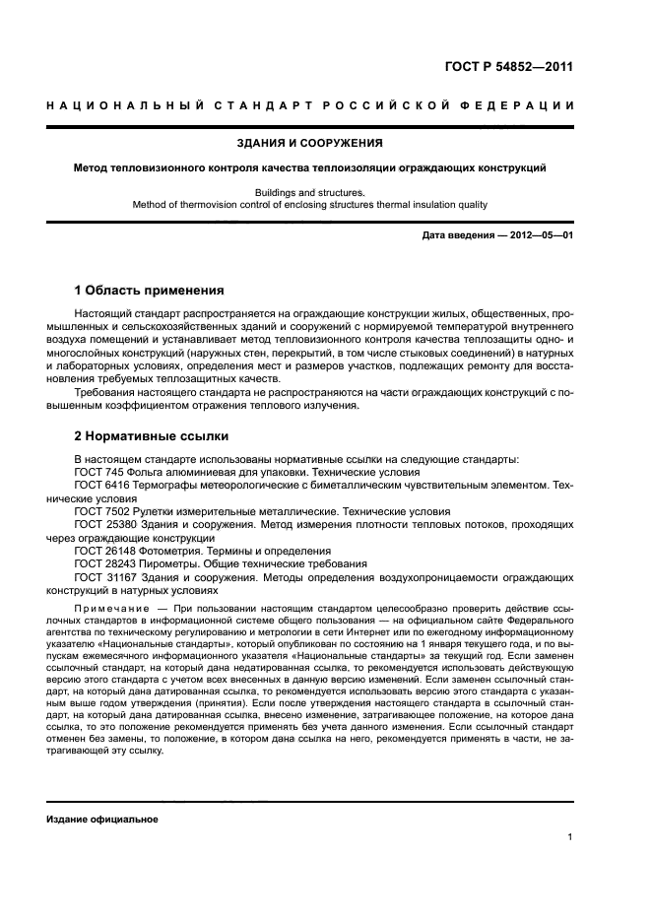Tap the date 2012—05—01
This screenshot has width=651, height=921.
[535, 236]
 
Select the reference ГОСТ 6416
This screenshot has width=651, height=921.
[100, 486]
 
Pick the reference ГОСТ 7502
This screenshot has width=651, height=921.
[100, 512]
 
